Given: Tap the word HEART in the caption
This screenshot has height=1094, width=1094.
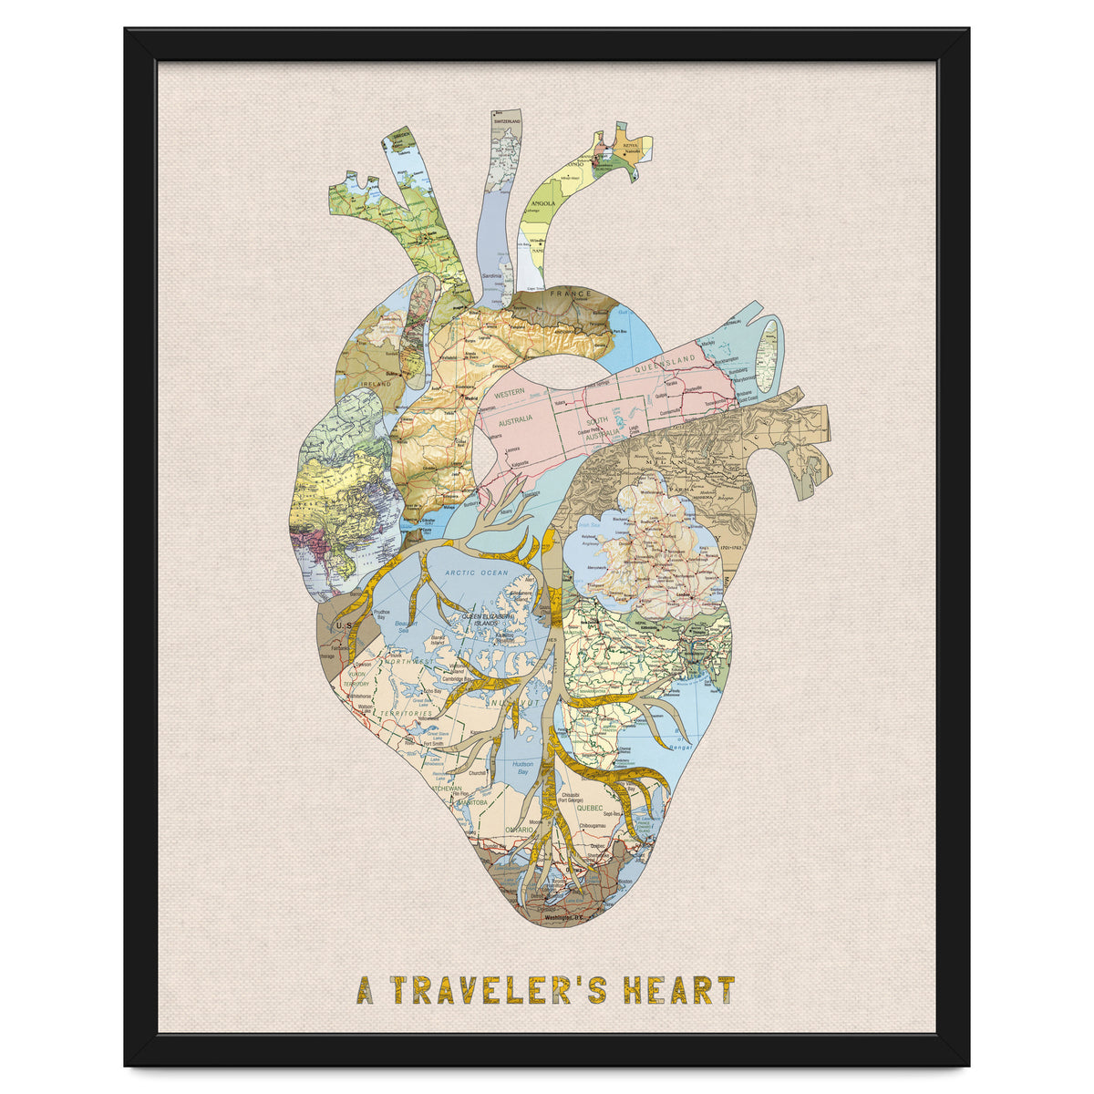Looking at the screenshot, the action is tap(678, 989).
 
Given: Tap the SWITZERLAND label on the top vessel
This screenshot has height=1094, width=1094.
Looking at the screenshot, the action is tap(507, 121).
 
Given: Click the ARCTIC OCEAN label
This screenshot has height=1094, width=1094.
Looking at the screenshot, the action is tap(476, 573).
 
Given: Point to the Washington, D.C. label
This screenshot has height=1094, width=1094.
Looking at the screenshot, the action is tap(562, 919).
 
